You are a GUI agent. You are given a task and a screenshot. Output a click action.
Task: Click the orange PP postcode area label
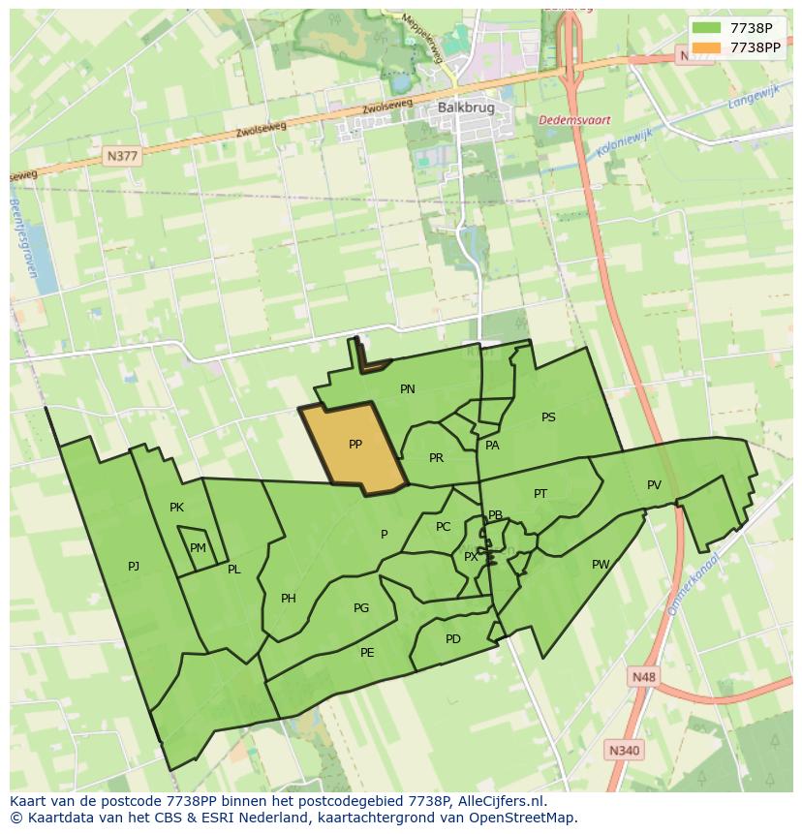pyautogui.click(x=355, y=445)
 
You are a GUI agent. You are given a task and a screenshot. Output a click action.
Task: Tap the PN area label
pyautogui.click(x=408, y=389)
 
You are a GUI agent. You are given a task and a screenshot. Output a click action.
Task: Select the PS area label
pyautogui.click(x=548, y=417)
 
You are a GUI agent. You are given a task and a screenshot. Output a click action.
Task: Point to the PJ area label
pyautogui.click(x=134, y=566)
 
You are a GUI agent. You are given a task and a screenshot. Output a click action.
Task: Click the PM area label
pyautogui.click(x=198, y=548)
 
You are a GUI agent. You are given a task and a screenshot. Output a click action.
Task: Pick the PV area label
pyautogui.click(x=654, y=485)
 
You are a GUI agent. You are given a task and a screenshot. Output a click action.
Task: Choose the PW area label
pyautogui.click(x=601, y=565)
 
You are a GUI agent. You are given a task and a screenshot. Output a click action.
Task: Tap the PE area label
pyautogui.click(x=367, y=653)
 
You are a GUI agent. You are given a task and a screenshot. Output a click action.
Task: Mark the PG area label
pyautogui.click(x=361, y=608)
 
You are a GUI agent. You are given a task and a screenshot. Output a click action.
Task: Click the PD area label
pyautogui.click(x=453, y=639)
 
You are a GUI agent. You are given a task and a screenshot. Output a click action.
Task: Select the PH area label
pyautogui.click(x=289, y=599)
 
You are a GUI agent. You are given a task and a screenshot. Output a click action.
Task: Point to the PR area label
pyautogui.click(x=436, y=458)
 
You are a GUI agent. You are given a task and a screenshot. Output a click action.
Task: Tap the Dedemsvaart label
pyautogui.click(x=574, y=120)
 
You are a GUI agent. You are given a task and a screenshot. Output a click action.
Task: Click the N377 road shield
pyautogui.click(x=123, y=155)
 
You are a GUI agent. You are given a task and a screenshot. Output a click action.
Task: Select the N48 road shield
pyautogui.click(x=642, y=677)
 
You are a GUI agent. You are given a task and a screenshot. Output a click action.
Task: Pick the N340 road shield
pyautogui.click(x=625, y=750)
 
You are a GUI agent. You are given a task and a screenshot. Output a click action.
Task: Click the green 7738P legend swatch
pyautogui.click(x=707, y=28)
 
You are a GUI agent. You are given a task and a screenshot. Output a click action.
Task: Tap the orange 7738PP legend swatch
pyautogui.click(x=707, y=47)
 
